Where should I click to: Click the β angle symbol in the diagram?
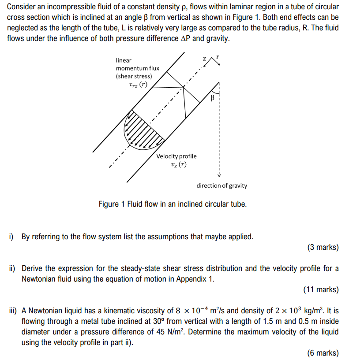[x=213, y=98]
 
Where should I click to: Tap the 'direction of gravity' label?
[x=221, y=186]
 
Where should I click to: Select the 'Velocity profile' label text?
[x=176, y=156]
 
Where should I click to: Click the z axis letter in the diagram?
[x=204, y=59]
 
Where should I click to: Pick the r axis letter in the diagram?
[x=218, y=57]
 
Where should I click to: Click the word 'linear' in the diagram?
[x=124, y=60]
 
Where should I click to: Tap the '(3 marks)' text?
[x=323, y=247]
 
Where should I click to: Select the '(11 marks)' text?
[x=321, y=289]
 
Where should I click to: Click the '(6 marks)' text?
[x=323, y=353]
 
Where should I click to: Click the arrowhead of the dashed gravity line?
[x=218, y=174]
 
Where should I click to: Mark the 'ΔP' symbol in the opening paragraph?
[x=186, y=38]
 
